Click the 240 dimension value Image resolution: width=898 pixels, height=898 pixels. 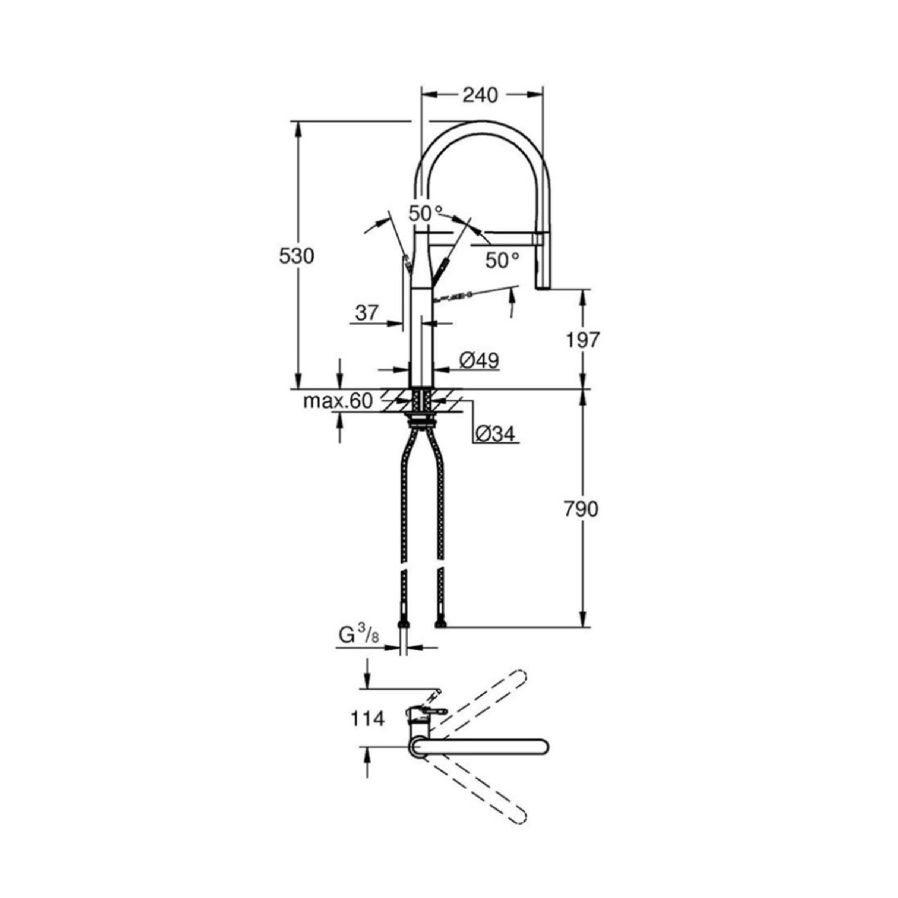(x=480, y=95)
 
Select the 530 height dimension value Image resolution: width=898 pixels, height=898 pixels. (x=296, y=256)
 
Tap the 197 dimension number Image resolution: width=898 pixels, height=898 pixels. (x=583, y=340)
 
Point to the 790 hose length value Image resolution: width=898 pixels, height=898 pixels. (x=581, y=509)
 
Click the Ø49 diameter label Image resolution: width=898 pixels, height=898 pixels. (x=479, y=360)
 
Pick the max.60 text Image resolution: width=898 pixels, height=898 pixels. (x=338, y=401)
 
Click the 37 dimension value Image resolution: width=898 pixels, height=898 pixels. (x=367, y=313)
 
